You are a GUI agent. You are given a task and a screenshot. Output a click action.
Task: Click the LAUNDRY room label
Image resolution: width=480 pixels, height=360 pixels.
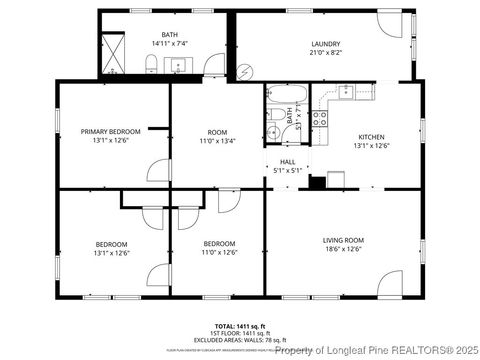325,44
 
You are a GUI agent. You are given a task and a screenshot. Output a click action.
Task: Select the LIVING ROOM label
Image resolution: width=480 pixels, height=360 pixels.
343,240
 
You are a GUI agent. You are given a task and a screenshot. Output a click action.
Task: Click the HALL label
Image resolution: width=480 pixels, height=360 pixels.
288,161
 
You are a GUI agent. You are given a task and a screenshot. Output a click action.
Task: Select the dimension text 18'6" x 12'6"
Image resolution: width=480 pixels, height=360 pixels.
343,250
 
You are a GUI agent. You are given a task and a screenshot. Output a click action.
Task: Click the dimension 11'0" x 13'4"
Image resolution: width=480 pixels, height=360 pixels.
217,141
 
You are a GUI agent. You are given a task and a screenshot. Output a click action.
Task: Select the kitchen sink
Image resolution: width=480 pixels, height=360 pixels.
345,93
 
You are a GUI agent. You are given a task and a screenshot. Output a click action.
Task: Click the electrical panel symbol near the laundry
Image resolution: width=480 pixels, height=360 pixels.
246,71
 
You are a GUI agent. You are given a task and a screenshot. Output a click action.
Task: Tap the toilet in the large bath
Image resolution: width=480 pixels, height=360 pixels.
149,66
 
